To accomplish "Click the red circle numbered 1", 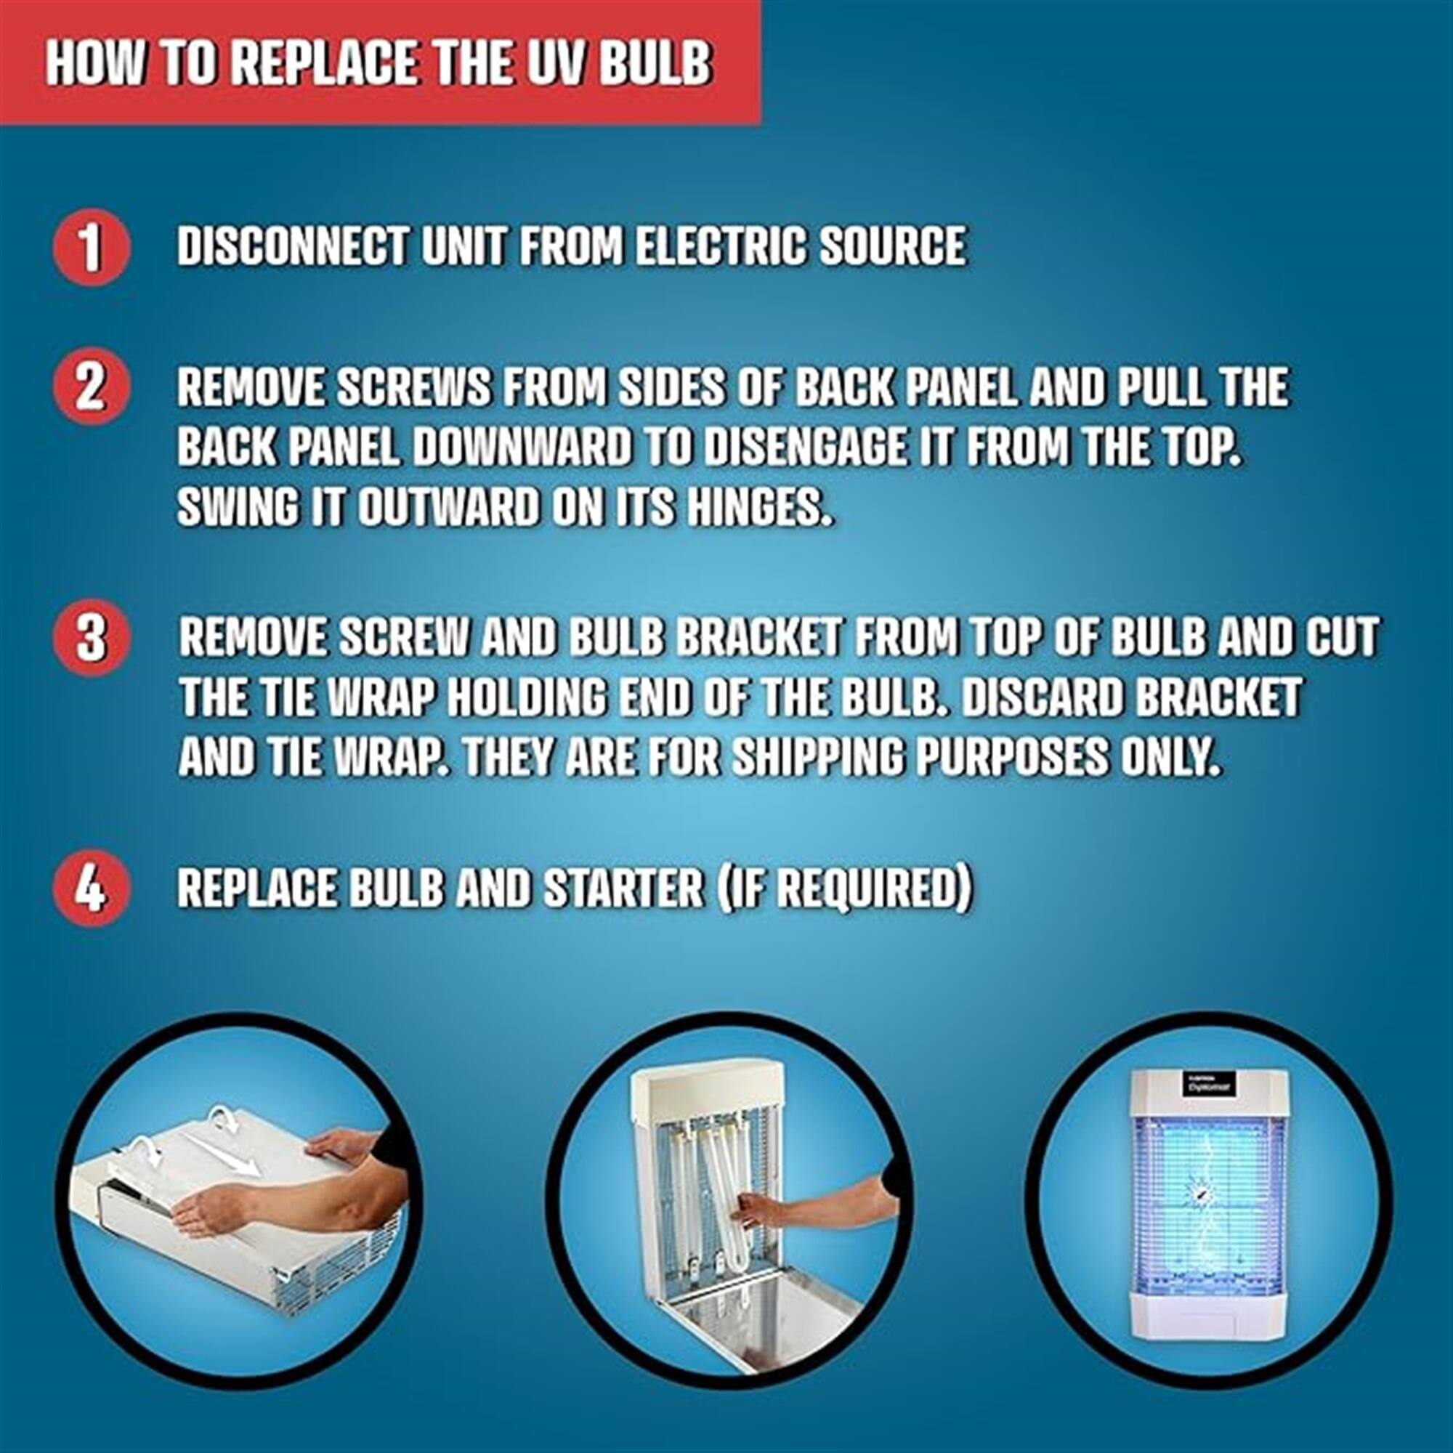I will [x=91, y=248].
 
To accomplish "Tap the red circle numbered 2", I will [x=91, y=387].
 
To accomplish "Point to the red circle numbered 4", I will [x=91, y=889].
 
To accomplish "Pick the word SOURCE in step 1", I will [x=892, y=246].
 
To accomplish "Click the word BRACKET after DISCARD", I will [x=1218, y=699].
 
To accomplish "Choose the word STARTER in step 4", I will [x=623, y=889].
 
